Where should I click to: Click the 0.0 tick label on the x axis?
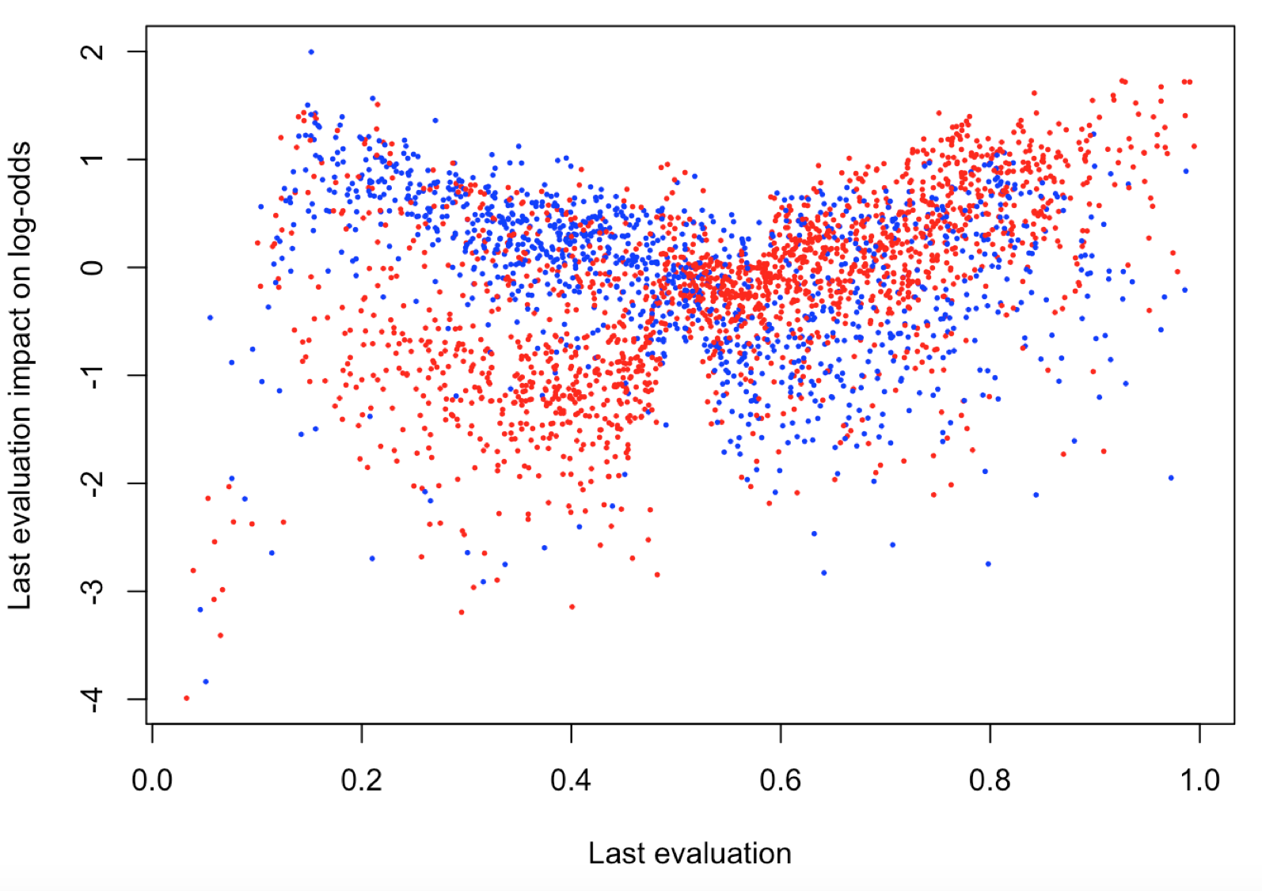tap(151, 780)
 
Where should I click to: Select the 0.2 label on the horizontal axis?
tap(361, 780)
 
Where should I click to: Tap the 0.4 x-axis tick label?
tap(571, 780)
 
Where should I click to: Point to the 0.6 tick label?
tap(781, 780)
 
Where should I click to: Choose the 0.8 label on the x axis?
tap(990, 780)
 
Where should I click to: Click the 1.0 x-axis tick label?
tap(1199, 780)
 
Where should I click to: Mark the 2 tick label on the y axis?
tap(93, 51)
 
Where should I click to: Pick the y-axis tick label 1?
tap(93, 159)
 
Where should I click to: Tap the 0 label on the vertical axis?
tap(93, 267)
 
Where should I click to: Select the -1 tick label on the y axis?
tap(93, 376)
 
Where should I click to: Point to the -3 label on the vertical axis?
tap(93, 592)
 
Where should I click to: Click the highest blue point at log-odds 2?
tap(311, 51)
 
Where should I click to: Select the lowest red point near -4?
tap(187, 699)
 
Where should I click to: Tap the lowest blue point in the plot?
tap(206, 681)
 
